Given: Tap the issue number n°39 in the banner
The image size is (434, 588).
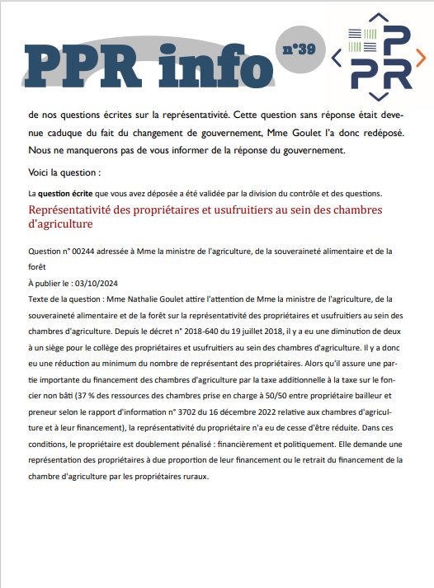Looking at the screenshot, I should (x=299, y=49).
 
